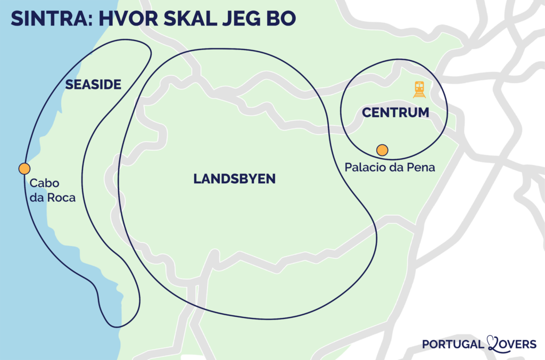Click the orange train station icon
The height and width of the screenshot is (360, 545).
coord(419,89)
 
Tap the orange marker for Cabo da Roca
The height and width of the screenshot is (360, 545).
coord(24,169)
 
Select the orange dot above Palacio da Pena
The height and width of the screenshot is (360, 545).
coord(382,150)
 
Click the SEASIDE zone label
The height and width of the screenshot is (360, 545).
coord(93,84)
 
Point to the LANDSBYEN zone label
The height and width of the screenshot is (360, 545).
coord(234,179)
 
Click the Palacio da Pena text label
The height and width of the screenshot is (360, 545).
coord(390,167)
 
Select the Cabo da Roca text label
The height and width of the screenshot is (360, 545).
coord(52,190)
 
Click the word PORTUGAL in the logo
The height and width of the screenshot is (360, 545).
coord(452,344)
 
